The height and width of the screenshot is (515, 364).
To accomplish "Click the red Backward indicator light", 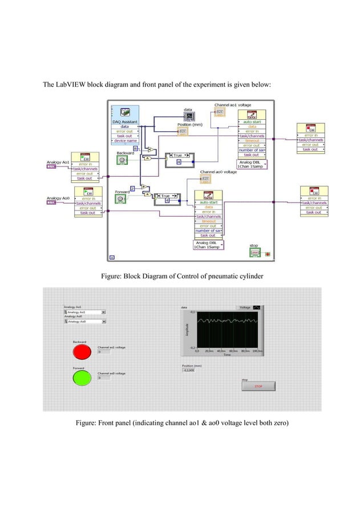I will [80, 351].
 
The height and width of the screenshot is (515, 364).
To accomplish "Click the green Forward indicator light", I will [80, 377].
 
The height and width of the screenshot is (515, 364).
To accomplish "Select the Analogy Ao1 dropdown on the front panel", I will [84, 312].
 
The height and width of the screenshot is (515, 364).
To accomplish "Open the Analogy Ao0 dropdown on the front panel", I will [84, 322].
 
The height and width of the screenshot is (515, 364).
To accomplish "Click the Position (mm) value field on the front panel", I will [189, 370].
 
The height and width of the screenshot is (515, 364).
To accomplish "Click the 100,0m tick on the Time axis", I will [257, 351].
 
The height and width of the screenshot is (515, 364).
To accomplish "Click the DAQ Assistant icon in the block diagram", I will [125, 112].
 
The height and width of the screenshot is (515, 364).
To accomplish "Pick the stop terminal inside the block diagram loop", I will [254, 253].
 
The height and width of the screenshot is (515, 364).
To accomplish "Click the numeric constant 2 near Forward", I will [132, 188].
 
